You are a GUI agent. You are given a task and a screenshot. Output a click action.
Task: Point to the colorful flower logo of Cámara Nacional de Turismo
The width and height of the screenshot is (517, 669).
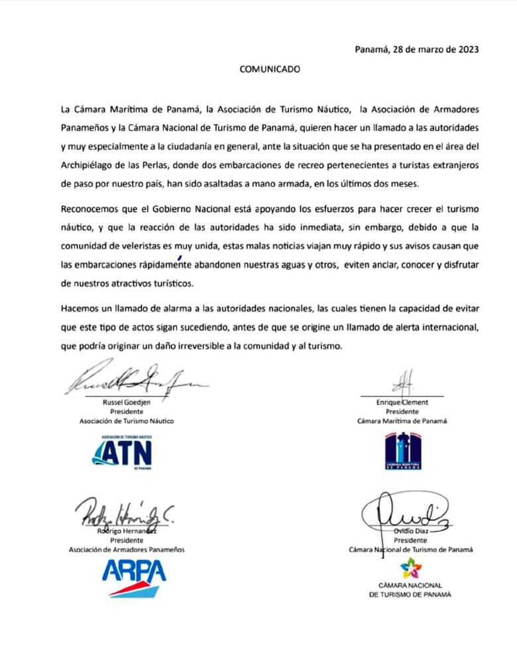click(411, 568)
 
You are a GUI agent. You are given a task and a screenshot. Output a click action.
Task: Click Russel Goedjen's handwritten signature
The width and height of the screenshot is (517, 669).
click(133, 379)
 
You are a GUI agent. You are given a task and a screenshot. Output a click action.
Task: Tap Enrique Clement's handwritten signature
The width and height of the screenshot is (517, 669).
click(402, 383)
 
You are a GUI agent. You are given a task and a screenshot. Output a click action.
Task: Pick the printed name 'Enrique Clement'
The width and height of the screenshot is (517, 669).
click(403, 402)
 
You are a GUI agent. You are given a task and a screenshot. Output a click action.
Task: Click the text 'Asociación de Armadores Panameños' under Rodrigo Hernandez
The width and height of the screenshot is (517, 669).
click(127, 550)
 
